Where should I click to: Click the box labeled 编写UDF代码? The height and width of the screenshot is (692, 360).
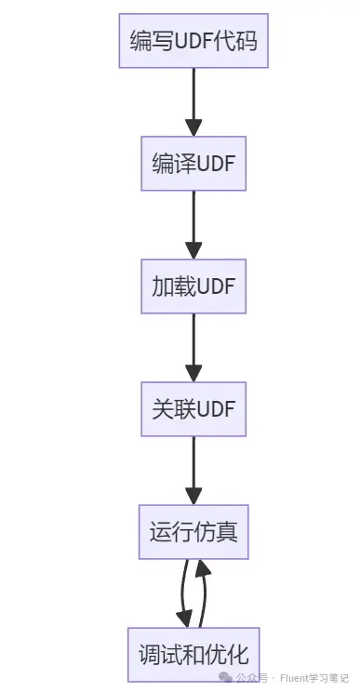[x=193, y=41]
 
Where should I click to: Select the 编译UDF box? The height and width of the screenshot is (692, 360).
[x=193, y=164]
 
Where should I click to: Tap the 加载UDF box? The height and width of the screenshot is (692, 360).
[x=193, y=286]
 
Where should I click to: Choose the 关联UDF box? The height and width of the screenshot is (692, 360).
[x=193, y=409]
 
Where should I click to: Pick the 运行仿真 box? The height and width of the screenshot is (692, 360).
[x=193, y=532]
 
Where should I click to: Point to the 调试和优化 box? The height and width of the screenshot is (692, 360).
[x=193, y=655]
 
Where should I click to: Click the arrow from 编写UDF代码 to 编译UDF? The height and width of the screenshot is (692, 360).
[x=193, y=102]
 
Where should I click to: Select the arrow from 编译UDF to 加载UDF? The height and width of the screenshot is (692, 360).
[x=193, y=225]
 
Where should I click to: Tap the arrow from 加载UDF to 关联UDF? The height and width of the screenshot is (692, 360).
[x=193, y=347]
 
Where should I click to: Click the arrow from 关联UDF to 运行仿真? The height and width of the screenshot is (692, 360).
[x=193, y=471]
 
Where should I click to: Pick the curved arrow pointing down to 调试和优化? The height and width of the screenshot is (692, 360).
[x=182, y=592]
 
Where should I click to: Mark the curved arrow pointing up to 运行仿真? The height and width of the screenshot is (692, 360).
[x=205, y=593]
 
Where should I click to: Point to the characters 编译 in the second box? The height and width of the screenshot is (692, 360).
[x=173, y=164]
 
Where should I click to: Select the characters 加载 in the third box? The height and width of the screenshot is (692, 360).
[x=173, y=286]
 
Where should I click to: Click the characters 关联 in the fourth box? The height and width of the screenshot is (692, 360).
[x=173, y=409]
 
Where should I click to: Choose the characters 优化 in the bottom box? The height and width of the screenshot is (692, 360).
[x=228, y=655]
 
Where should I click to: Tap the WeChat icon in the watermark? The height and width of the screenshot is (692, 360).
[x=226, y=677]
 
